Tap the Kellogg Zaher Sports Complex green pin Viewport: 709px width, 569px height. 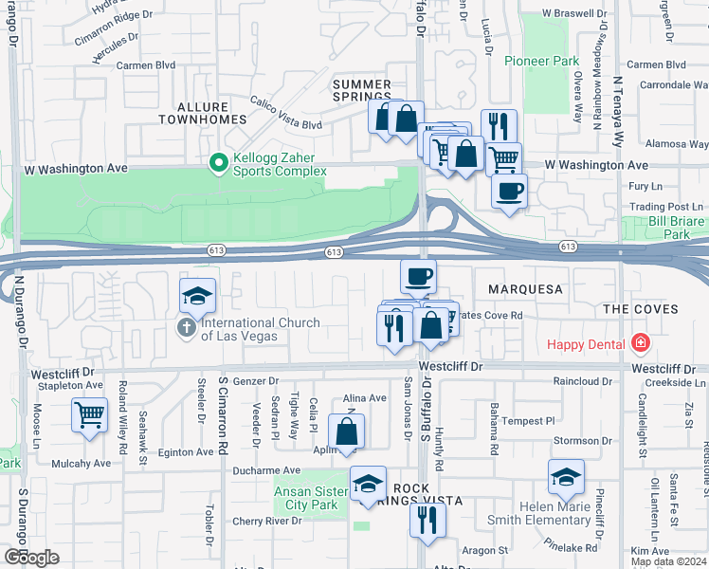point(219,164)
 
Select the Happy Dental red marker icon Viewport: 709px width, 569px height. point(641,342)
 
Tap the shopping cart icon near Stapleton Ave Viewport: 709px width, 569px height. point(89,413)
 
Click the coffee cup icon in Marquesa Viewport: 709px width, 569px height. point(418,276)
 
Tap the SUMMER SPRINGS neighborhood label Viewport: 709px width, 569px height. point(362,90)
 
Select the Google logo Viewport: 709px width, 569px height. point(31,557)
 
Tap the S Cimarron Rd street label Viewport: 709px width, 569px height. point(224,414)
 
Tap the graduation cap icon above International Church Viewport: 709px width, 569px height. point(198,295)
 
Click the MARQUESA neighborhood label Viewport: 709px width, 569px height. point(525,288)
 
